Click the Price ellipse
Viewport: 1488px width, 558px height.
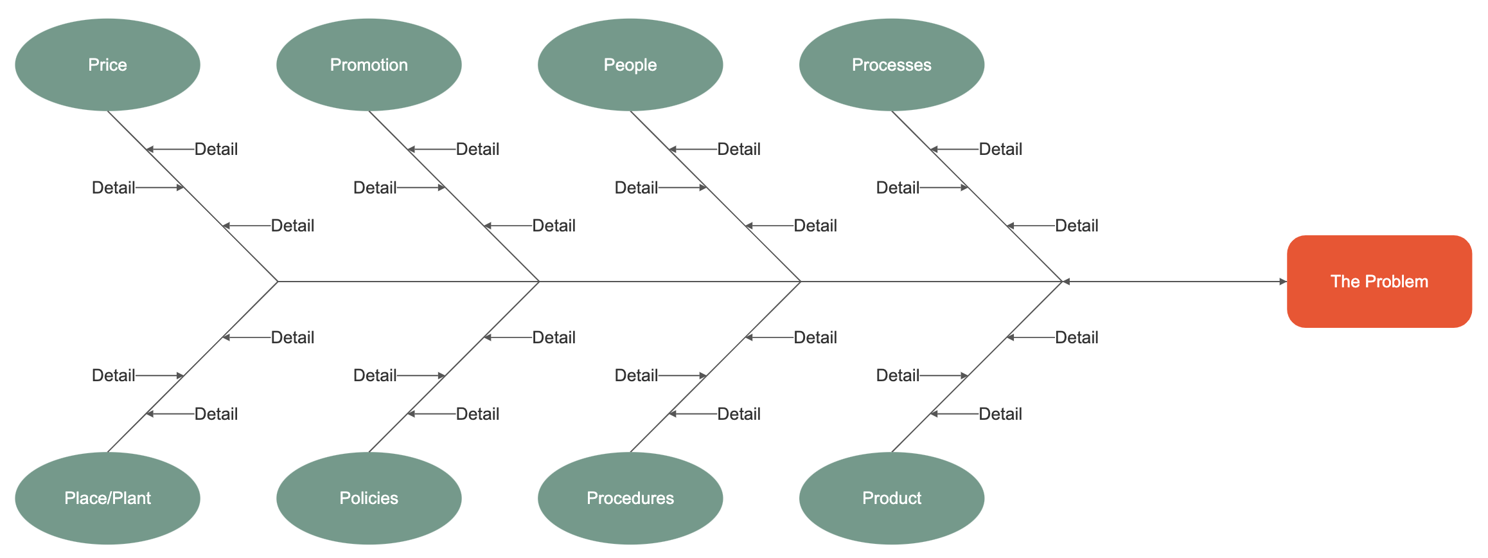pos(107,65)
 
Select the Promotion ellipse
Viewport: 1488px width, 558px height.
pos(369,65)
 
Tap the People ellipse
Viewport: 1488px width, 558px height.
pos(630,65)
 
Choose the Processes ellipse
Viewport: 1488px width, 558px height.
pos(892,65)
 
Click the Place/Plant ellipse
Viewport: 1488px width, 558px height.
pos(107,498)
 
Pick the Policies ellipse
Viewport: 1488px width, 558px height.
pos(369,498)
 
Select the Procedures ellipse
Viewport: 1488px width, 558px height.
pos(630,498)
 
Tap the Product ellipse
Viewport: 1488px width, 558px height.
pos(892,498)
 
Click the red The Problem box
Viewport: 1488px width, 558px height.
pos(1379,282)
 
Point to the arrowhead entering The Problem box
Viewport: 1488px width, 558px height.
pos(1282,282)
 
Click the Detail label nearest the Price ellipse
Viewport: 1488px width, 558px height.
pos(216,149)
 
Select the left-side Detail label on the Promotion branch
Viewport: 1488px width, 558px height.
pos(375,188)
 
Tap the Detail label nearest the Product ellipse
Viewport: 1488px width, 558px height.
pos(1000,414)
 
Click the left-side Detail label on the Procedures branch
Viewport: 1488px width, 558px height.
pos(636,375)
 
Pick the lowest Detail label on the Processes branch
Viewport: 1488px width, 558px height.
pos(1076,226)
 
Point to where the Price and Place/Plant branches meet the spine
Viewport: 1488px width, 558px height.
pos(278,282)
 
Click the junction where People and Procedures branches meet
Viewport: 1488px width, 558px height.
pos(801,282)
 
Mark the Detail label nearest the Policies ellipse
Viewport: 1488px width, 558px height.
pos(477,414)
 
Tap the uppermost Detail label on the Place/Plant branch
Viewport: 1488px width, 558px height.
pos(292,337)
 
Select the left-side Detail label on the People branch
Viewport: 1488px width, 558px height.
pos(636,188)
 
